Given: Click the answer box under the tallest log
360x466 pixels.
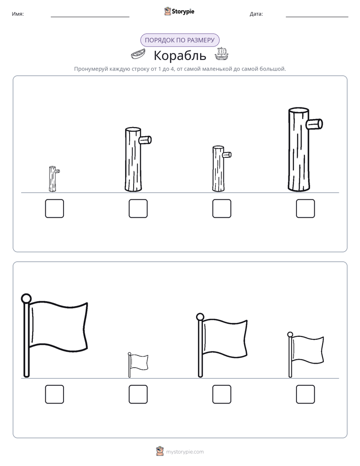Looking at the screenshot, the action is pos(305,208).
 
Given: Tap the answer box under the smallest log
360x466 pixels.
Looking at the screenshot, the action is pos(54,208).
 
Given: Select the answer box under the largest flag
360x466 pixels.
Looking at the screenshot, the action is pos(54,394).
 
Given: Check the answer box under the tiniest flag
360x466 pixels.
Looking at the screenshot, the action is pos(138,394).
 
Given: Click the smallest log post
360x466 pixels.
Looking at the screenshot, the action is pos(52,179).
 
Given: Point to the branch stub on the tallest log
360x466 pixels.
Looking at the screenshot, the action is pos(315,124).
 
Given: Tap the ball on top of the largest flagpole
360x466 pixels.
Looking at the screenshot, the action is pos(26,298).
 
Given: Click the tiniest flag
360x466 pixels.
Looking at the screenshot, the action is pos(138,365).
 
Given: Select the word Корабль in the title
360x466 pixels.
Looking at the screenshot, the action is pos(179,55).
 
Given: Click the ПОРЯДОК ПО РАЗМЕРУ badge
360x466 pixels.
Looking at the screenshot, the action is pos(179,40).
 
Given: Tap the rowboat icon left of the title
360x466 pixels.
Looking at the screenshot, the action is pos(139,54).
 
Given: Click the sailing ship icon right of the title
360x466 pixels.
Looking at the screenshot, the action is pos(221,54).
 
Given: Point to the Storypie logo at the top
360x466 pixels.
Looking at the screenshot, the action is pos(179,11).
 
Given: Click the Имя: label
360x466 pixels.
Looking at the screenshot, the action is pos(18,14).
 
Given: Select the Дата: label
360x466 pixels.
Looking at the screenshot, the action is pos(256,14).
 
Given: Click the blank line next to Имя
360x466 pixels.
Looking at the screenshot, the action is pos(90,17).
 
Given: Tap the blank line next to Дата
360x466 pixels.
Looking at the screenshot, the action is pos(317,17).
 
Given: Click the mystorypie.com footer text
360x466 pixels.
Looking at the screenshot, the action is pos(185,452).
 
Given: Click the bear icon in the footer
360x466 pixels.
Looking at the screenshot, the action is pos(160,451).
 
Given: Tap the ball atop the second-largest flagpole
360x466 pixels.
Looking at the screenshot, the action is pos(200,317).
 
